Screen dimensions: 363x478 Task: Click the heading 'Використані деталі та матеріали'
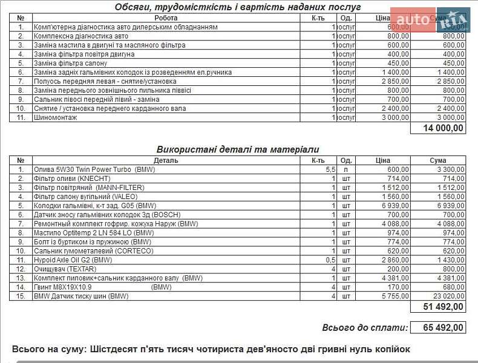point(238,149)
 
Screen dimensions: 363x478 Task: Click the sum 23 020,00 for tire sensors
point(447,296)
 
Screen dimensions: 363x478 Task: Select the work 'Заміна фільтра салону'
point(71,63)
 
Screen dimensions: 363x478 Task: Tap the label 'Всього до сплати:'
point(365,327)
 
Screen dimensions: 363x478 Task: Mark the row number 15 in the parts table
point(21,296)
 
